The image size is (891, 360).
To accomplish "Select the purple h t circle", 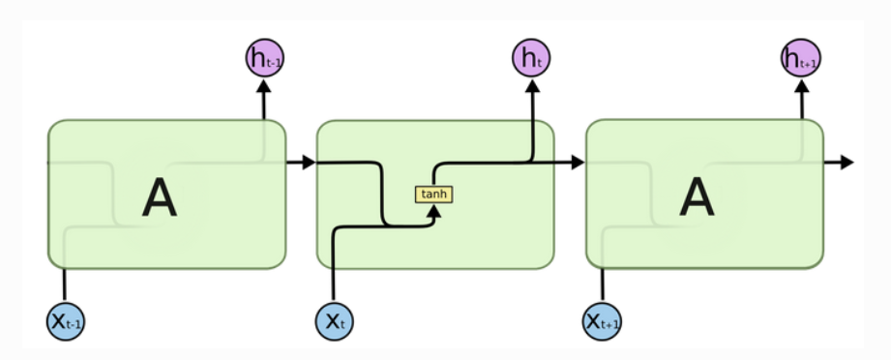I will tap(531, 59).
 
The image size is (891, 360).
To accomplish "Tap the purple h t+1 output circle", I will tap(801, 59).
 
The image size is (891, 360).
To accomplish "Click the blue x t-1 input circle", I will tap(66, 320).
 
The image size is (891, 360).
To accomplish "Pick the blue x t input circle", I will tap(334, 320).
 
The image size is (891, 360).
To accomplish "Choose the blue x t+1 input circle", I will tap(602, 320).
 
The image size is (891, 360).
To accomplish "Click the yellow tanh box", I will tap(434, 195).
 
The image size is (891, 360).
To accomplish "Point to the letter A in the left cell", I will tap(160, 199).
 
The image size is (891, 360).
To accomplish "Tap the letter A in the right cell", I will tap(697, 199).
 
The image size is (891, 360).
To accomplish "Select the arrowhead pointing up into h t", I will tap(531, 87).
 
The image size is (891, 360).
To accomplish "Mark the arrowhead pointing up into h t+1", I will tap(801, 87).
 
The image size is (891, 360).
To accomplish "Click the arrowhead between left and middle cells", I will tap(308, 163).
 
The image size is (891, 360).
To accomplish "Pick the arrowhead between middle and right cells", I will tap(578, 163).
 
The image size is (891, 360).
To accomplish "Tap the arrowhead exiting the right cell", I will tap(846, 163).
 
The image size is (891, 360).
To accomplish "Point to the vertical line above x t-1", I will tap(65, 285).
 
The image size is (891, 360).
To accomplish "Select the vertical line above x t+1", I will tap(603, 285).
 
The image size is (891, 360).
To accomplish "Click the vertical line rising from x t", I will tap(334, 271).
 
